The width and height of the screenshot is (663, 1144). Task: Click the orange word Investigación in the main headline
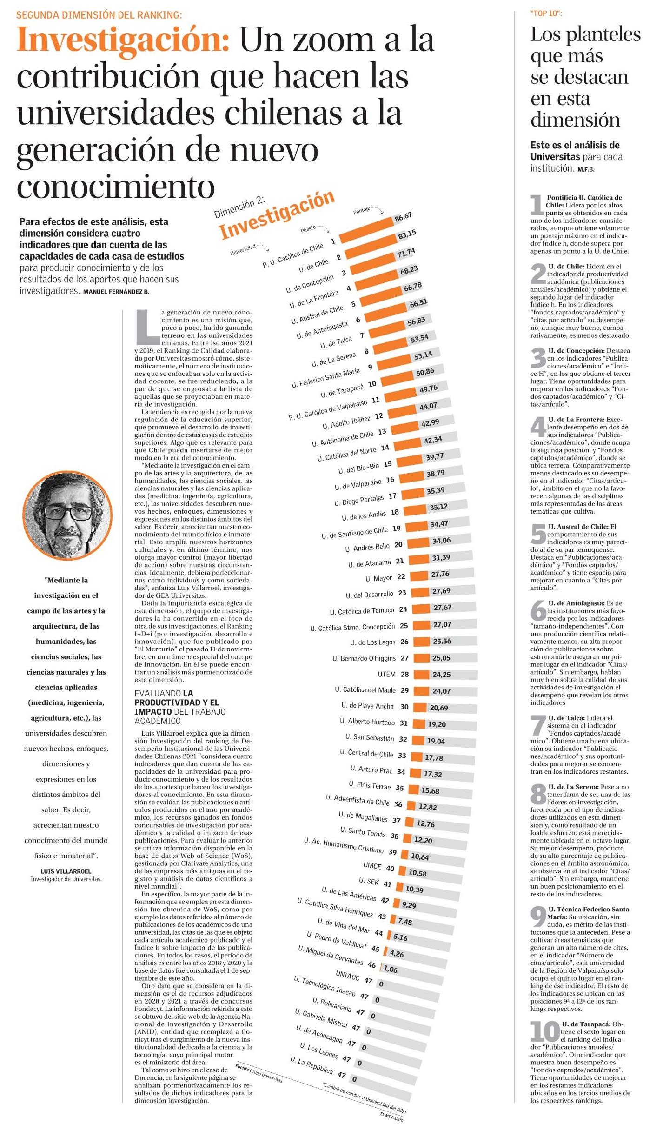tap(123, 41)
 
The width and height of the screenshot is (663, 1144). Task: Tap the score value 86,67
tap(403, 218)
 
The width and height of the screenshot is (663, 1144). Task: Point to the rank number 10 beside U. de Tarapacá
tap(372, 384)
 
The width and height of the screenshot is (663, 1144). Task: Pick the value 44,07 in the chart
tap(428, 406)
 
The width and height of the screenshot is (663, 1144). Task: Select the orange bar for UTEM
tap(421, 675)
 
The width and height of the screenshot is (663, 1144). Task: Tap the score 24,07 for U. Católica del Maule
tap(441, 691)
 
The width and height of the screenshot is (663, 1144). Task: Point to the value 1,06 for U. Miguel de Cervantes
tap(391, 969)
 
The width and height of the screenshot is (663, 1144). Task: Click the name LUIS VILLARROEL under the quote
tap(66, 871)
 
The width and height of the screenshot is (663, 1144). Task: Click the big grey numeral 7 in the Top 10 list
tap(538, 726)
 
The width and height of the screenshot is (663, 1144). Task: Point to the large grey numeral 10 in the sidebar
tap(545, 1031)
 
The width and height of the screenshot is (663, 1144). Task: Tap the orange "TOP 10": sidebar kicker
tap(546, 13)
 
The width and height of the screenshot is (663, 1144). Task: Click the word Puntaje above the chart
tap(361, 211)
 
